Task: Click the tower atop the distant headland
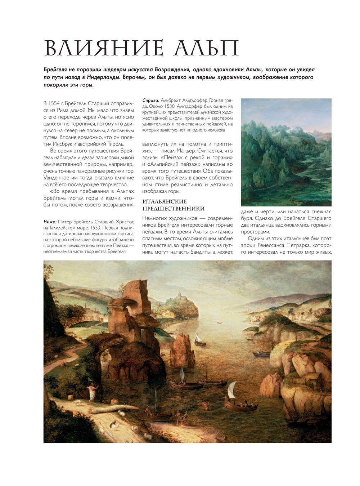pyautogui.click(x=177, y=296)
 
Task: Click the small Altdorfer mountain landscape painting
pyautogui.click(x=286, y=147)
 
